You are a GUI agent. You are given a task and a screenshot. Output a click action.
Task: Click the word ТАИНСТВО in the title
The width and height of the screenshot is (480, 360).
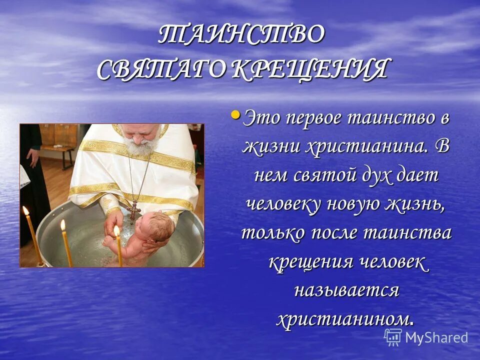point(242,34)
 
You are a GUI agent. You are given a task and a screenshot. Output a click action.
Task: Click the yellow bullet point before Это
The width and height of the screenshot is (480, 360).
point(235,115)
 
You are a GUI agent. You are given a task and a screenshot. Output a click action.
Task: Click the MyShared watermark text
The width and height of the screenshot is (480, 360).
point(436,337)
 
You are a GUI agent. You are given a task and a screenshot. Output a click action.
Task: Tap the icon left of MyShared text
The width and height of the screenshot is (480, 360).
point(393,337)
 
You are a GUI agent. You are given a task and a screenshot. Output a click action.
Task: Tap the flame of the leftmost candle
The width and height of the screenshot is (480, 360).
point(25,211)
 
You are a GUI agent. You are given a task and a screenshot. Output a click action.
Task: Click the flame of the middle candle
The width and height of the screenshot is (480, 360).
point(63,225)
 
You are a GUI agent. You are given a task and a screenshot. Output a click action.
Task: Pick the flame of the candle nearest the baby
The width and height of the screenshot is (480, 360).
point(116,230)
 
